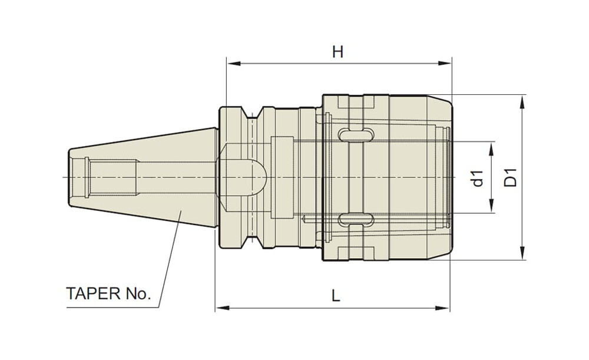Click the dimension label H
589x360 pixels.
337,52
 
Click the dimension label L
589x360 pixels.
336,296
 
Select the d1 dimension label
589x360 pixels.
478,178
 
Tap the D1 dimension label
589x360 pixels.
511,177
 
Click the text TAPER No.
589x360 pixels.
108,293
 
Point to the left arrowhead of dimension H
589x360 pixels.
233,63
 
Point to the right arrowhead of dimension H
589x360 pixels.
445,63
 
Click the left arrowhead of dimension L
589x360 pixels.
222,308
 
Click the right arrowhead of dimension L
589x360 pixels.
444,308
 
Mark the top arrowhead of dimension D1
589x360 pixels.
522,101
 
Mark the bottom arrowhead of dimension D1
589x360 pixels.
522,253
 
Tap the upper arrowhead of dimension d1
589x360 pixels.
491,149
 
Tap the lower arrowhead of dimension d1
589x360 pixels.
491,206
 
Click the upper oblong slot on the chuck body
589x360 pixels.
356,134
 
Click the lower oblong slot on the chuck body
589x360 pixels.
356,219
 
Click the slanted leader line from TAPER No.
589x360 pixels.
170,259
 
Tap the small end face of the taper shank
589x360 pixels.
69,177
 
